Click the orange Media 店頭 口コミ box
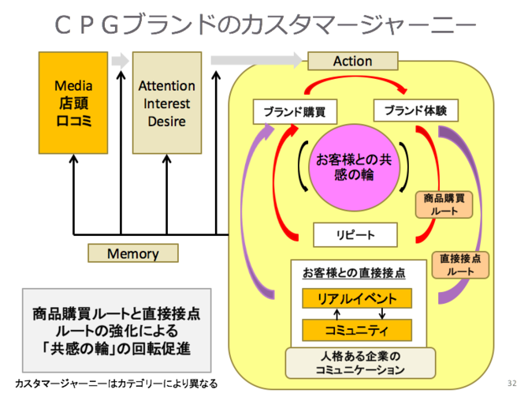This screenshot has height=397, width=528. coord(73,103)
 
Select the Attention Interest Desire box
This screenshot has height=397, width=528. coord(167,103)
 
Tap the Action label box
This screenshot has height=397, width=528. coord(353,61)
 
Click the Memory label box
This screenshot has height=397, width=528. coord(133,253)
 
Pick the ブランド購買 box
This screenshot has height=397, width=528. coord(295,111)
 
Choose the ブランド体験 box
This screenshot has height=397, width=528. coord(416,110)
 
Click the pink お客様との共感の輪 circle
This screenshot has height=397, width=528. coord(355,167)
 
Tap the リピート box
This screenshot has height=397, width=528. coord(355,234)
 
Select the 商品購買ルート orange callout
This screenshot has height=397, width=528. coord(444,204)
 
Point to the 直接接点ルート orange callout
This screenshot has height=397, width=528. coord(460,265)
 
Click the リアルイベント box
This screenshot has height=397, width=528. coord(357,298)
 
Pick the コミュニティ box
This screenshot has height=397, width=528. coord(357,330)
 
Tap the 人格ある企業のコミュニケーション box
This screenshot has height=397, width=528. coord(360,363)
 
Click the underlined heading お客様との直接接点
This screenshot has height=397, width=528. coord(354,273)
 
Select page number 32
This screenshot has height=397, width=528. coord(511,383)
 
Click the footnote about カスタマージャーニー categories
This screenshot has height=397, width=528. coord(117,384)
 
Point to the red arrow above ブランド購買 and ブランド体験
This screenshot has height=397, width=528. coord(355,80)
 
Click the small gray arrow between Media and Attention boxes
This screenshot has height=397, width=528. coord(121,61)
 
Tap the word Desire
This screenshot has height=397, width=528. coord(167,122)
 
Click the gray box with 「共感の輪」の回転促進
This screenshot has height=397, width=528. coord(117,331)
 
